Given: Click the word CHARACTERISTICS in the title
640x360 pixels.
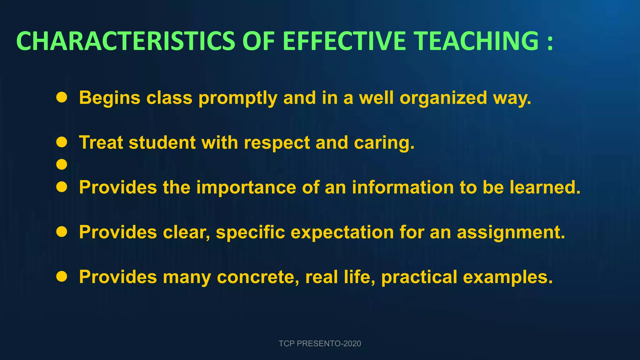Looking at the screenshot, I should (125, 41).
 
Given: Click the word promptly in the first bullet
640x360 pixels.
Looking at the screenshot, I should (238, 98).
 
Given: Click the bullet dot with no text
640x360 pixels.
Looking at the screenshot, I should (62, 164).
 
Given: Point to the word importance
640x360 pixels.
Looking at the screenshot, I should (246, 187).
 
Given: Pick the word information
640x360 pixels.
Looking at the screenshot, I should (402, 187).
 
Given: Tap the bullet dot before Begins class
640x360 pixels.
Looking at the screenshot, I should (62, 97).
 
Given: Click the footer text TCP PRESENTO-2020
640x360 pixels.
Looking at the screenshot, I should (320, 343).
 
